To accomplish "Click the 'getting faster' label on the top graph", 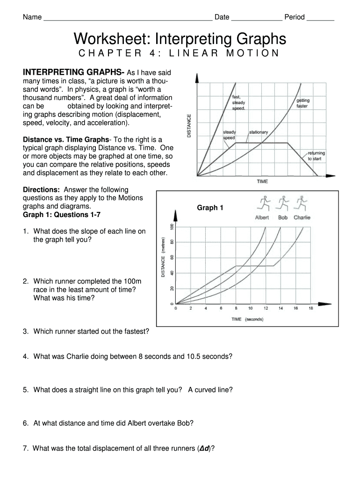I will coord(302,103).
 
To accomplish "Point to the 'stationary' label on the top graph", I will coord(258,132).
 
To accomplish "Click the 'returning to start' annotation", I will coord(316,156).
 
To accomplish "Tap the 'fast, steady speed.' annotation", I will coord(239,102).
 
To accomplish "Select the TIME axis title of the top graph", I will coord(262,181).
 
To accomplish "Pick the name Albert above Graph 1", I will coord(262,218).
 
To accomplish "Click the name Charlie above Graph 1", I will coord(302,218).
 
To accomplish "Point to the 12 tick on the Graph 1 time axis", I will coord(266,309).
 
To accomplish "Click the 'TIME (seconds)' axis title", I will coord(247,319).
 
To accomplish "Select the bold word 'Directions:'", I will coord(41,190).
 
